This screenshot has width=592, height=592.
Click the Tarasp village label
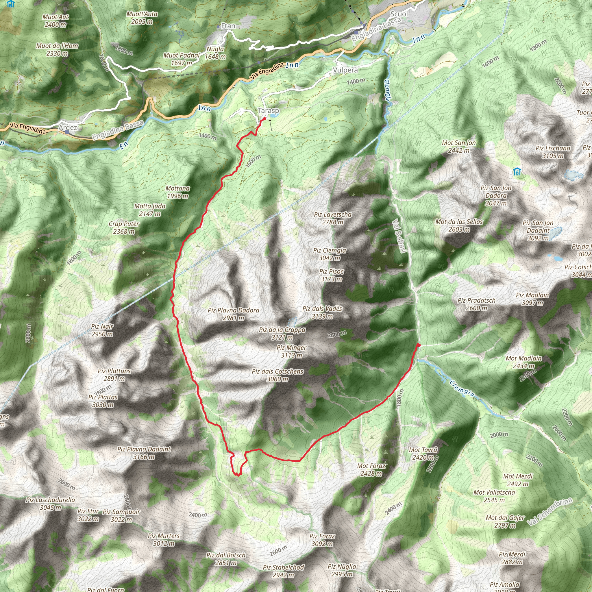pyautogui.click(x=269, y=110)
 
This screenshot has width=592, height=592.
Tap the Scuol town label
pyautogui.click(x=399, y=14)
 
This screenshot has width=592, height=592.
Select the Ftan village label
pyautogui.click(x=228, y=26)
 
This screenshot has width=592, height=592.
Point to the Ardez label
pyautogui.click(x=68, y=127)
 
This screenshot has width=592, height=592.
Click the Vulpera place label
pyautogui.click(x=345, y=70)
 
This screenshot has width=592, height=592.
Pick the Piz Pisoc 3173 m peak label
pyautogui.click(x=331, y=275)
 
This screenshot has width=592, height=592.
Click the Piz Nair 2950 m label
pyautogui.click(x=102, y=330)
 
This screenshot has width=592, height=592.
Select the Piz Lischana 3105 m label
pyautogui.click(x=553, y=152)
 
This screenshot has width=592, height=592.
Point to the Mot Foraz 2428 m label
pyautogui.click(x=371, y=470)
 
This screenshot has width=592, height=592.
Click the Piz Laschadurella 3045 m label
pyautogui.click(x=50, y=504)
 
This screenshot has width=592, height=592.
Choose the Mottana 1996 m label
pyautogui.click(x=178, y=192)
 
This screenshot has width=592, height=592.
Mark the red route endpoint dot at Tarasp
pyautogui.click(x=264, y=119)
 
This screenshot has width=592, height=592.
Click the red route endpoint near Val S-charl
pyautogui.click(x=418, y=345)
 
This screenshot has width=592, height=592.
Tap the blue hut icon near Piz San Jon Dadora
pyautogui.click(x=517, y=172)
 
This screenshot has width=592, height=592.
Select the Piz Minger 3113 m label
pyautogui.click(x=291, y=351)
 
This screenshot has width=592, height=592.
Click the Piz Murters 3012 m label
pyautogui.click(x=164, y=540)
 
